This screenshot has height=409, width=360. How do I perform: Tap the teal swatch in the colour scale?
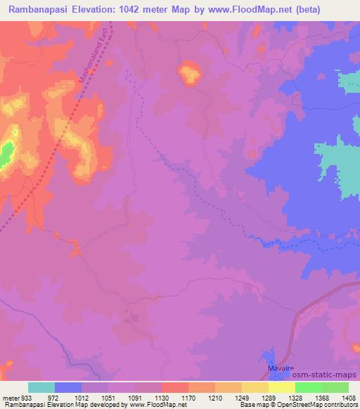pos(41,387)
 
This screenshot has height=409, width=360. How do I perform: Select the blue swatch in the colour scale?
pos(68,387)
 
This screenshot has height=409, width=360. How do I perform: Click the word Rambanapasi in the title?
pos(39,9)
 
